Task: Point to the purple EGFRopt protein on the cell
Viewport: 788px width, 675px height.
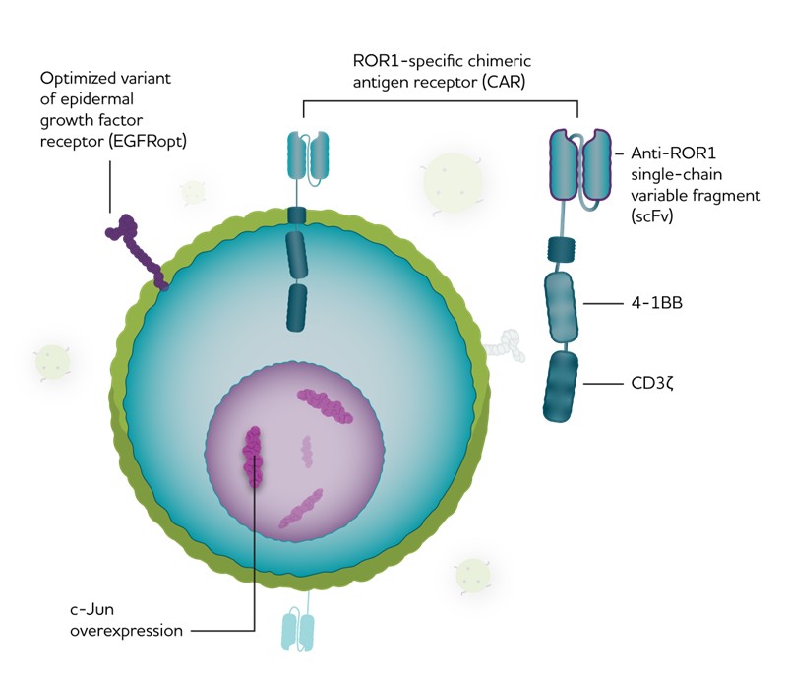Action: (136, 250)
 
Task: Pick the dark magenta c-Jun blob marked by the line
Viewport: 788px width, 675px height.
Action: (255, 457)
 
